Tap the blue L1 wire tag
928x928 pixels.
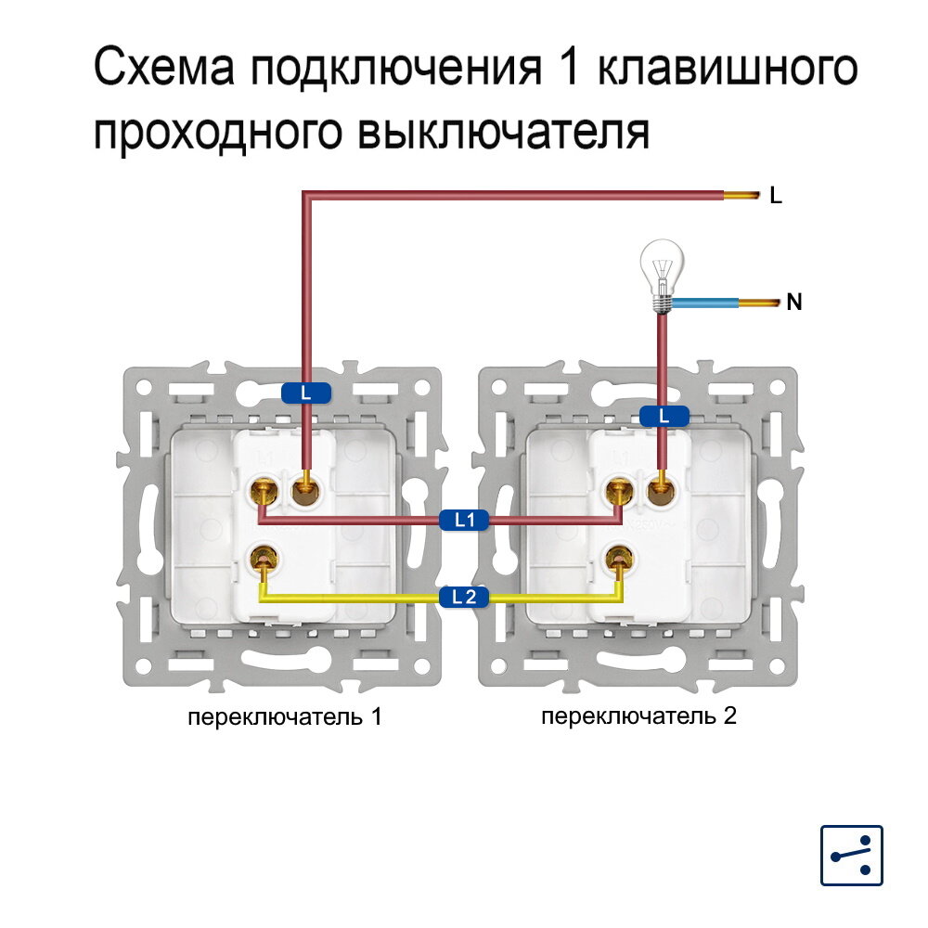pyautogui.click(x=464, y=521)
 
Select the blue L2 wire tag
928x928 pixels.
pyautogui.click(x=464, y=597)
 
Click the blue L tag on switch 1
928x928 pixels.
pyautogui.click(x=306, y=393)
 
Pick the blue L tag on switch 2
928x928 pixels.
pyautogui.click(x=664, y=417)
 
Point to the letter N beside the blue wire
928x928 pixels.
pyautogui.click(x=794, y=302)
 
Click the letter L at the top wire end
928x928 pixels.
pyautogui.click(x=777, y=196)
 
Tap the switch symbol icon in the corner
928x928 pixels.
pyautogui.click(x=852, y=855)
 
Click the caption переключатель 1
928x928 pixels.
pyautogui.click(x=285, y=717)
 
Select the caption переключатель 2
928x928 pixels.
pyautogui.click(x=639, y=716)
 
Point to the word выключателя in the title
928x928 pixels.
pyautogui.click(x=502, y=133)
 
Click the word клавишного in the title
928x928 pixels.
pyautogui.click(x=727, y=71)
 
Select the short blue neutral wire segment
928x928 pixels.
pyautogui.click(x=705, y=303)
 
